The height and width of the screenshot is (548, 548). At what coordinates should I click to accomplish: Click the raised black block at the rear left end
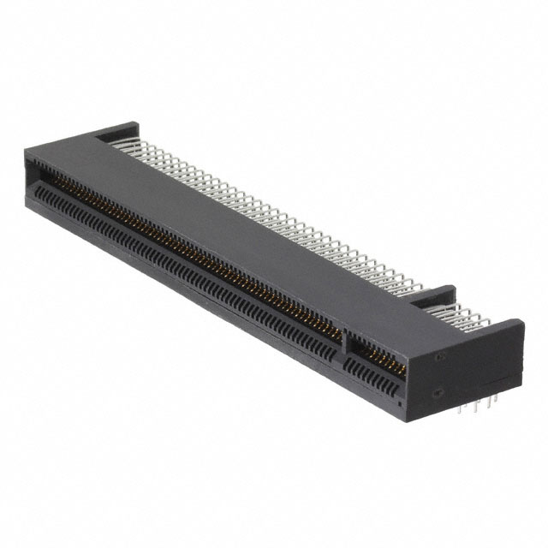(116, 133)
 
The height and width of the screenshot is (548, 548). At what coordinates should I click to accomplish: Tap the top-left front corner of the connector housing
(26, 150)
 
